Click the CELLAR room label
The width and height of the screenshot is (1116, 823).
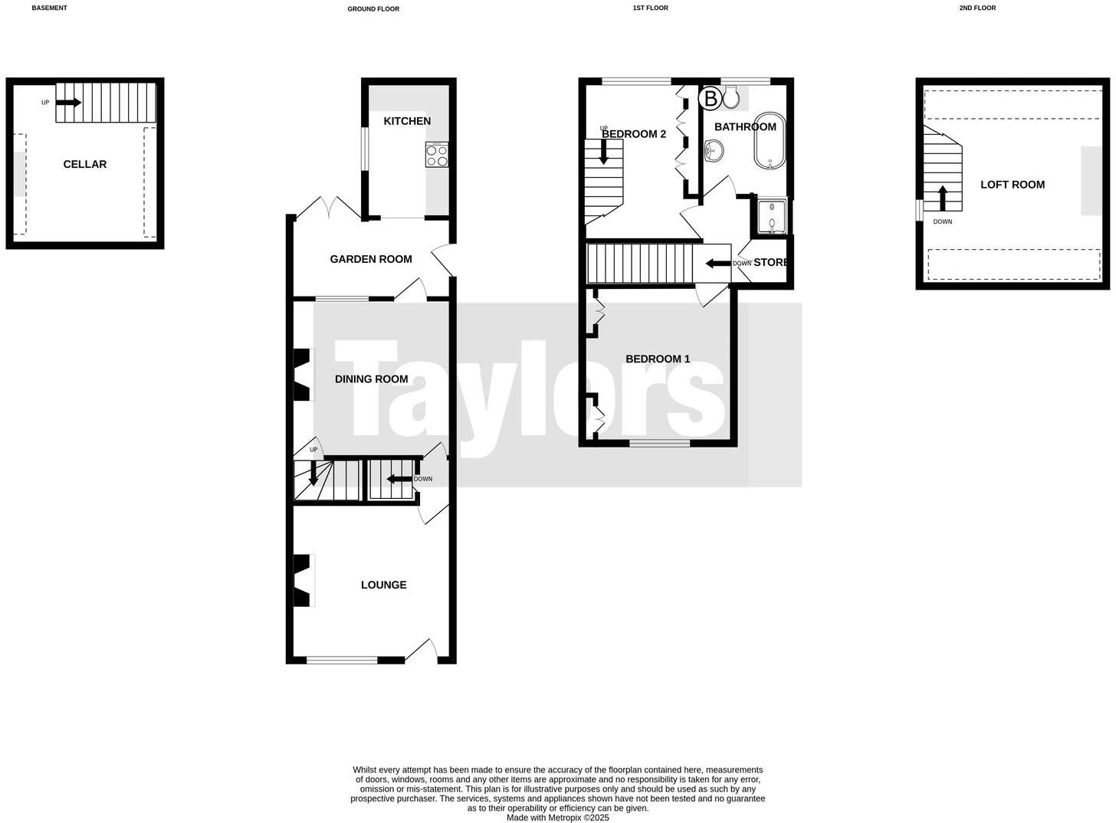pyautogui.click(x=84, y=164)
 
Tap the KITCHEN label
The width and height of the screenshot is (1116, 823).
pyautogui.click(x=407, y=121)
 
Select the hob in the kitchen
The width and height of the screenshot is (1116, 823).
pyautogui.click(x=437, y=156)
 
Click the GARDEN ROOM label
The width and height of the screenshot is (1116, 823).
pyautogui.click(x=371, y=259)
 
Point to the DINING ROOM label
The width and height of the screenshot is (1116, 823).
pyautogui.click(x=371, y=379)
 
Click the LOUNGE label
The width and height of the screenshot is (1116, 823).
pyautogui.click(x=383, y=585)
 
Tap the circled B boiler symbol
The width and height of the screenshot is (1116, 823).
pyautogui.click(x=711, y=98)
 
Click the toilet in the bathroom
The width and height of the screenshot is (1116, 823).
pyautogui.click(x=730, y=96)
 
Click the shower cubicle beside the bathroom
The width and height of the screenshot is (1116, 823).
pyautogui.click(x=771, y=216)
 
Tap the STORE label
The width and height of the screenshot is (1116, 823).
pyautogui.click(x=770, y=262)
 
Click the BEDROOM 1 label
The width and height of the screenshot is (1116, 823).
pyautogui.click(x=658, y=359)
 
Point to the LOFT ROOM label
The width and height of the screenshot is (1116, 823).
pyautogui.click(x=1012, y=184)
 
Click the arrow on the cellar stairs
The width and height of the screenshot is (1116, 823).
pyautogui.click(x=68, y=102)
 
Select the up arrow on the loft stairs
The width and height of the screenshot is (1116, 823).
pyautogui.click(x=942, y=197)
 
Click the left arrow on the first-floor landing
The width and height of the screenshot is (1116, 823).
pyautogui.click(x=717, y=264)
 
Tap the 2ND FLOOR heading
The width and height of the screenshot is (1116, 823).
pyautogui.click(x=977, y=8)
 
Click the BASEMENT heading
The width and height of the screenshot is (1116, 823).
pyautogui.click(x=49, y=8)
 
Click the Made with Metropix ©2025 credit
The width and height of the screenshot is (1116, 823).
pyautogui.click(x=557, y=818)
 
